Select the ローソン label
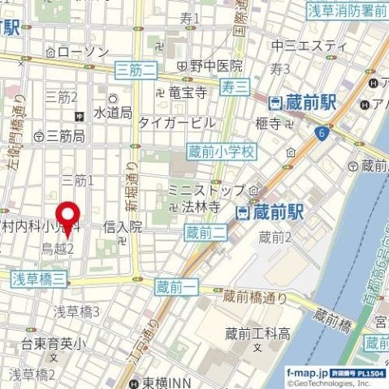(82, 51)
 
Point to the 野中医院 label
(216, 65)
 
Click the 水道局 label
(113, 113)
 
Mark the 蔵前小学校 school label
(221, 151)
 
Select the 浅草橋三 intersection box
(38, 278)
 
